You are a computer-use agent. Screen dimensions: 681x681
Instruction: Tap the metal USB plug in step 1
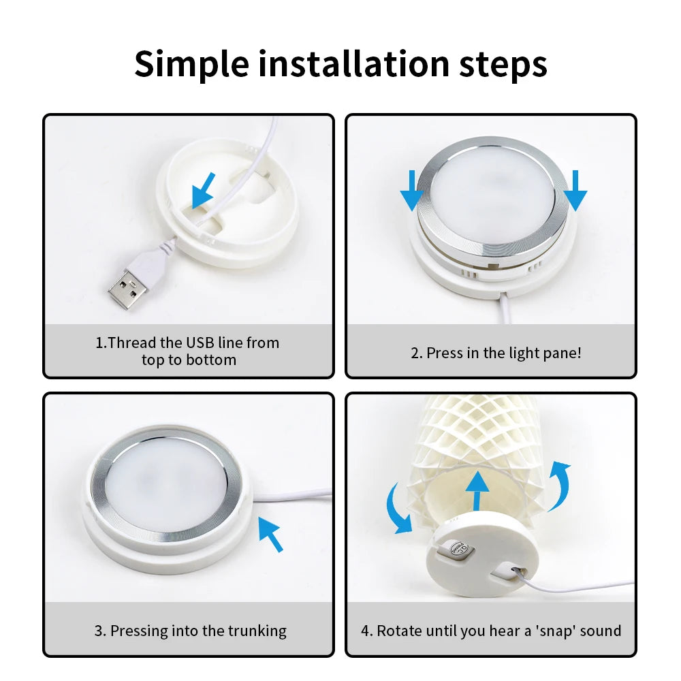127,285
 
